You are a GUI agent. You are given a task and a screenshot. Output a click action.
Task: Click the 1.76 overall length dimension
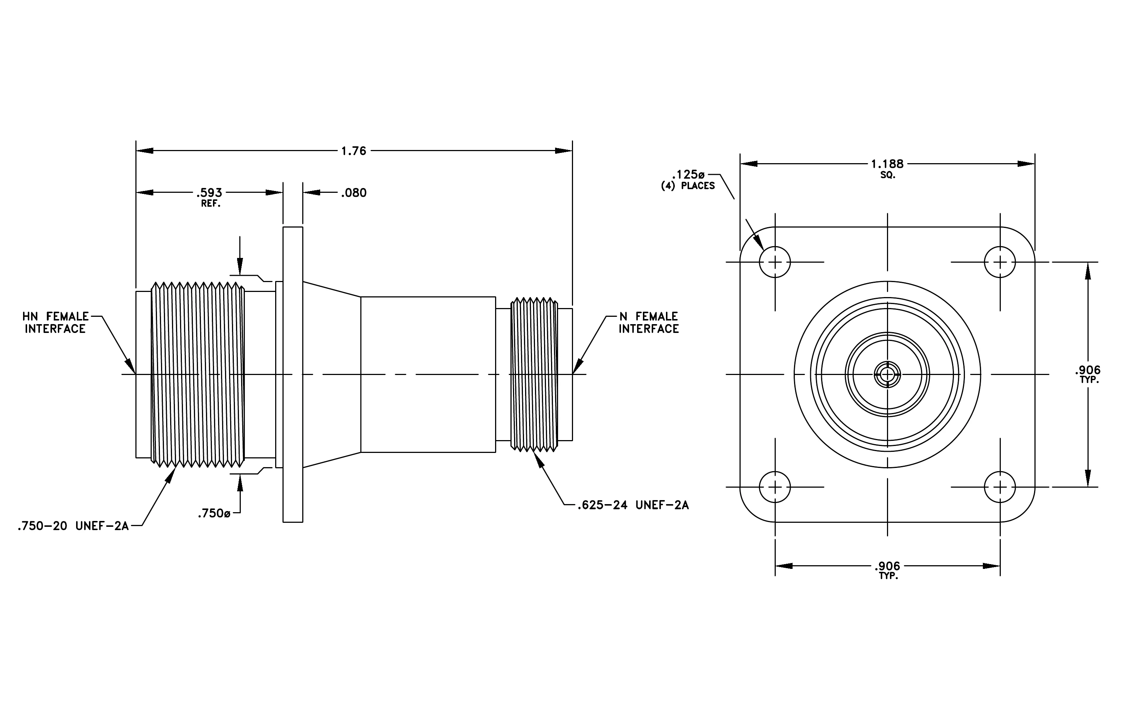(x=353, y=151)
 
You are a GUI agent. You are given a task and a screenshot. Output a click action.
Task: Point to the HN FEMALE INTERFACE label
(x=55, y=323)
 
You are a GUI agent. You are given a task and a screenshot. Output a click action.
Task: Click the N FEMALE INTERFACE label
(x=649, y=323)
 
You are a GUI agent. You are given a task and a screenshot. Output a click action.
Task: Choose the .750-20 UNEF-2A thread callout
(x=73, y=526)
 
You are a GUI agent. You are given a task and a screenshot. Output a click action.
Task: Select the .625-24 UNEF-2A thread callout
(x=633, y=505)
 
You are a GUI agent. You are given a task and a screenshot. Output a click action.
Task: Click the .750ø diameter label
(x=214, y=513)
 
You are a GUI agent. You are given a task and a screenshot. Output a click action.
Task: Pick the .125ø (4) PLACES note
(x=688, y=180)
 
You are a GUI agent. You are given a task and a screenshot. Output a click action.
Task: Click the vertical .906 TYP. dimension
(x=1088, y=374)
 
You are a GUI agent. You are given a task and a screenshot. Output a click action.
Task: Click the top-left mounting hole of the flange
(x=775, y=262)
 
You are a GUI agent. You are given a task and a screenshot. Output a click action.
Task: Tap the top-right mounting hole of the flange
(x=1000, y=262)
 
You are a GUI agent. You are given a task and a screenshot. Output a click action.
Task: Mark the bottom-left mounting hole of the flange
(x=775, y=487)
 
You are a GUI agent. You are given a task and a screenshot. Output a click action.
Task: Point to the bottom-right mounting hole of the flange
(x=1000, y=487)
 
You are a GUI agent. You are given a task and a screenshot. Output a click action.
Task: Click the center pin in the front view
(x=887, y=374)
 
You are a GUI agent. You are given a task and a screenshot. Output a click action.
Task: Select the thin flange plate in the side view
(x=293, y=374)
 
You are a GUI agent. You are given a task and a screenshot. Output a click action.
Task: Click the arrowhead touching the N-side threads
(x=539, y=459)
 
